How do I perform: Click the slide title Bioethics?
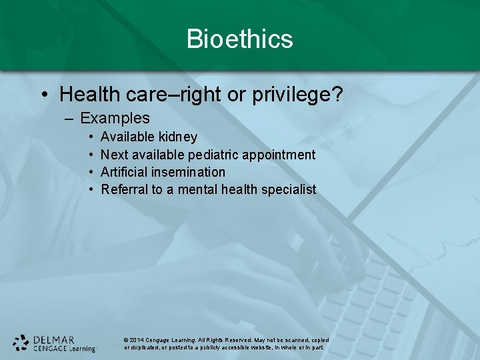pos(239,39)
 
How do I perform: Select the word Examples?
pos(115,119)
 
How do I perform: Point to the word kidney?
pos(178,137)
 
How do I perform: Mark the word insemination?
pos(188,172)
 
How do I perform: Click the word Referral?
pos(124,189)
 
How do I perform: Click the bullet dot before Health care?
pos(43,95)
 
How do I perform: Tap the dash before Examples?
pos(69,119)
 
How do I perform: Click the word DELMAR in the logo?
pos(54,339)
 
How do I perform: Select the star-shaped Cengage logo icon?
pos(21,343)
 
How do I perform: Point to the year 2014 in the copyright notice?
pos(137,340)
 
